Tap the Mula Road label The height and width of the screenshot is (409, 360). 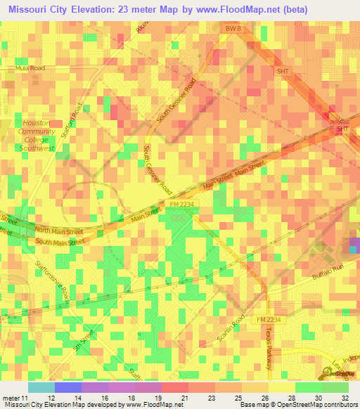(30, 68)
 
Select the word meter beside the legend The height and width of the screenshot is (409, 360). (10, 398)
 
